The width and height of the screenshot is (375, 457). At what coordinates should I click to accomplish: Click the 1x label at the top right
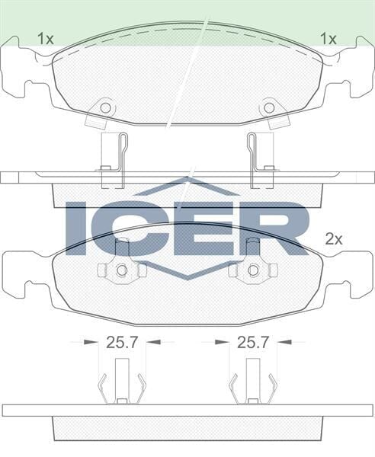coord(329,37)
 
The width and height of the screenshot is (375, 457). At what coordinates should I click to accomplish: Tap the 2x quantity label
coord(335,238)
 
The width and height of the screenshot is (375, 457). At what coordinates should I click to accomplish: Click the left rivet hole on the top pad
coord(105,107)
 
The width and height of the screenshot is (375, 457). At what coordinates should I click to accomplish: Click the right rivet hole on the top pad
coord(269,107)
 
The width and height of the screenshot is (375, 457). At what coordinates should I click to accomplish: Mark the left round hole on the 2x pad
coord(120,270)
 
